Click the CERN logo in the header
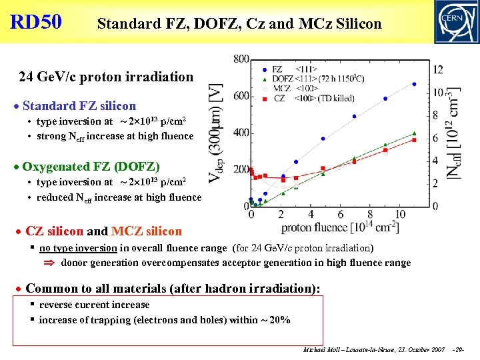tap(456, 22)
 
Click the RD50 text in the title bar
tap(36, 22)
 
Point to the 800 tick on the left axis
tap(241, 59)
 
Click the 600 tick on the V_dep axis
tap(241, 96)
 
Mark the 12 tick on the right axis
tap(438, 69)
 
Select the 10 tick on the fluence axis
tap(400, 215)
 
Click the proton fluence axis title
tap(340, 228)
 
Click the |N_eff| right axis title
tap(456, 133)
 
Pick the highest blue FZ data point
tap(414, 84)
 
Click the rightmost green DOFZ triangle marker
tap(414, 133)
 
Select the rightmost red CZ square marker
tap(414, 140)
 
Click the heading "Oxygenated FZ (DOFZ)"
tap(91, 166)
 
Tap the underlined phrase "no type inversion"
tap(79, 248)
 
